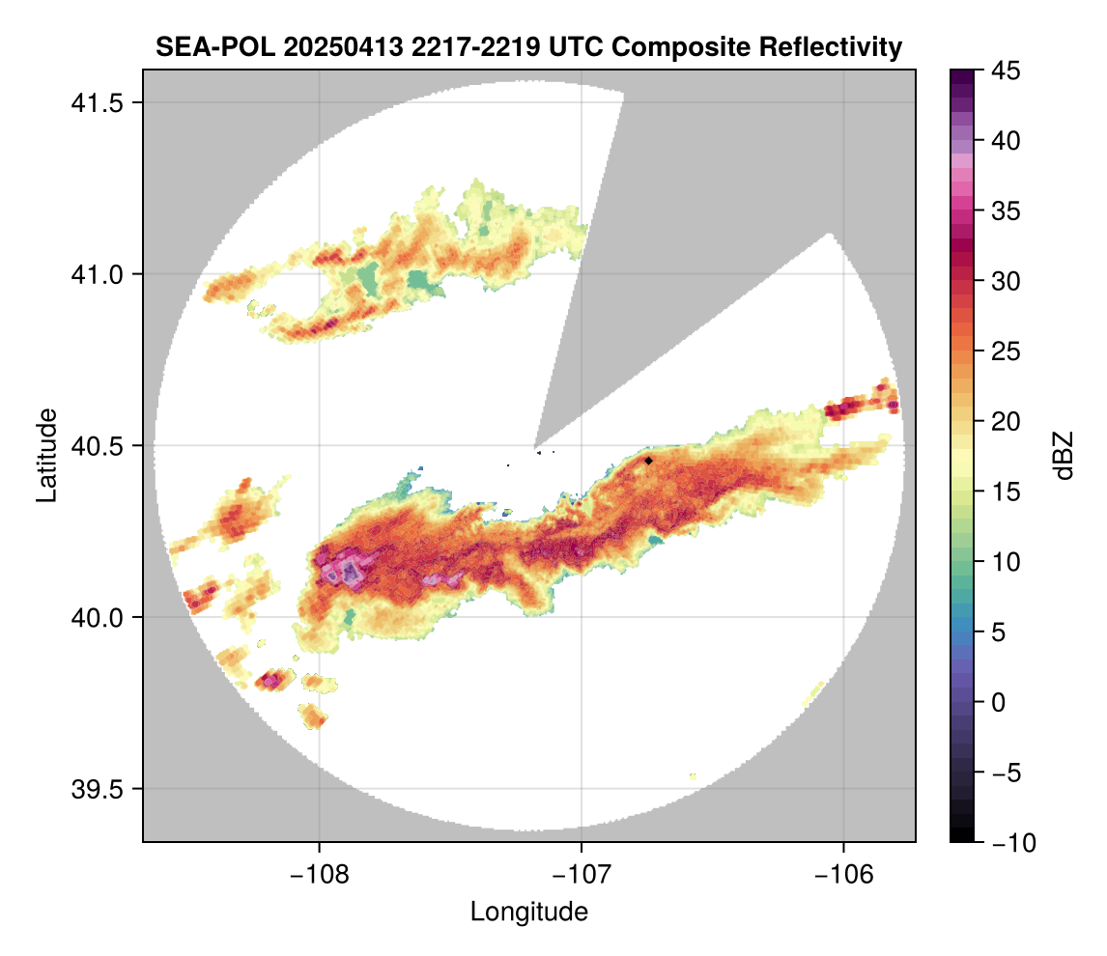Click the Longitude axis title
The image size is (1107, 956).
528,911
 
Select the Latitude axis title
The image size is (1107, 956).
45,454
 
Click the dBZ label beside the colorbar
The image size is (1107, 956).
1064,456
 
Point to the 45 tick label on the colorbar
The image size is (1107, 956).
1005,70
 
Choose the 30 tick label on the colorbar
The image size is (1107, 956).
1005,281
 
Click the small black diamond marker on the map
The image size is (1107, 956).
649,461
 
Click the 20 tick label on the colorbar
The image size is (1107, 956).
1005,421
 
